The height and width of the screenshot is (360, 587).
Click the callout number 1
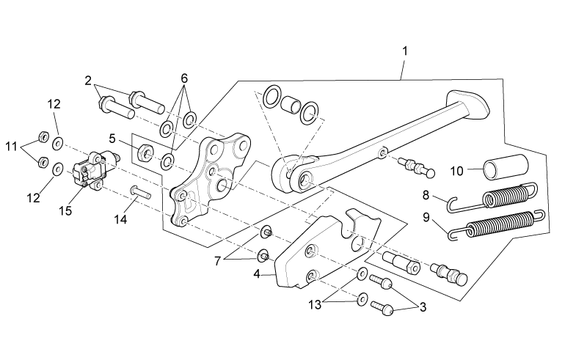(405, 51)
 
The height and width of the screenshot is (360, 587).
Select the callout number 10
(456, 172)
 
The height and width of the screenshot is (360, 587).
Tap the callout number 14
(120, 219)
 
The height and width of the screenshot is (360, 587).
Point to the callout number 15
(65, 210)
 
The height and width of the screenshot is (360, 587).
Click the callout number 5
(112, 139)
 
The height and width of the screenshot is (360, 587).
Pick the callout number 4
(256, 274)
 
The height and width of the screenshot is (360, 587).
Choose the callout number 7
(217, 261)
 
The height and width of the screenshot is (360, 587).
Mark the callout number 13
(315, 305)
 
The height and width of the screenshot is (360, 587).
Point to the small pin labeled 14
(140, 192)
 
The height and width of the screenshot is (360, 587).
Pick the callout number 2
(88, 81)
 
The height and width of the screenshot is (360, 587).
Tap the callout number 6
(184, 78)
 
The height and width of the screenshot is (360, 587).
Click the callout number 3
(423, 307)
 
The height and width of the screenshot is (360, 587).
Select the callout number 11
(12, 147)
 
